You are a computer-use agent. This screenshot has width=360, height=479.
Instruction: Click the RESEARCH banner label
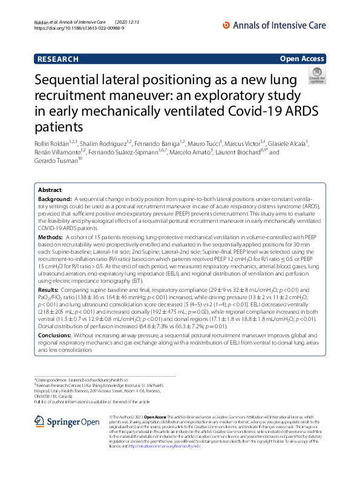(57, 59)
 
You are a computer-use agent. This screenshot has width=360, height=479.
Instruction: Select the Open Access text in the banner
(302, 59)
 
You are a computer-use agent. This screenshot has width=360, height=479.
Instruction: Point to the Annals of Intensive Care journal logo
(275, 24)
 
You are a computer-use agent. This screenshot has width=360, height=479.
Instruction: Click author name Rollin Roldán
(52, 143)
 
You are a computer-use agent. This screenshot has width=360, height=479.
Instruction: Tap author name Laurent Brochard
(240, 152)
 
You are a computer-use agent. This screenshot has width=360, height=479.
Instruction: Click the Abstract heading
(50, 190)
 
